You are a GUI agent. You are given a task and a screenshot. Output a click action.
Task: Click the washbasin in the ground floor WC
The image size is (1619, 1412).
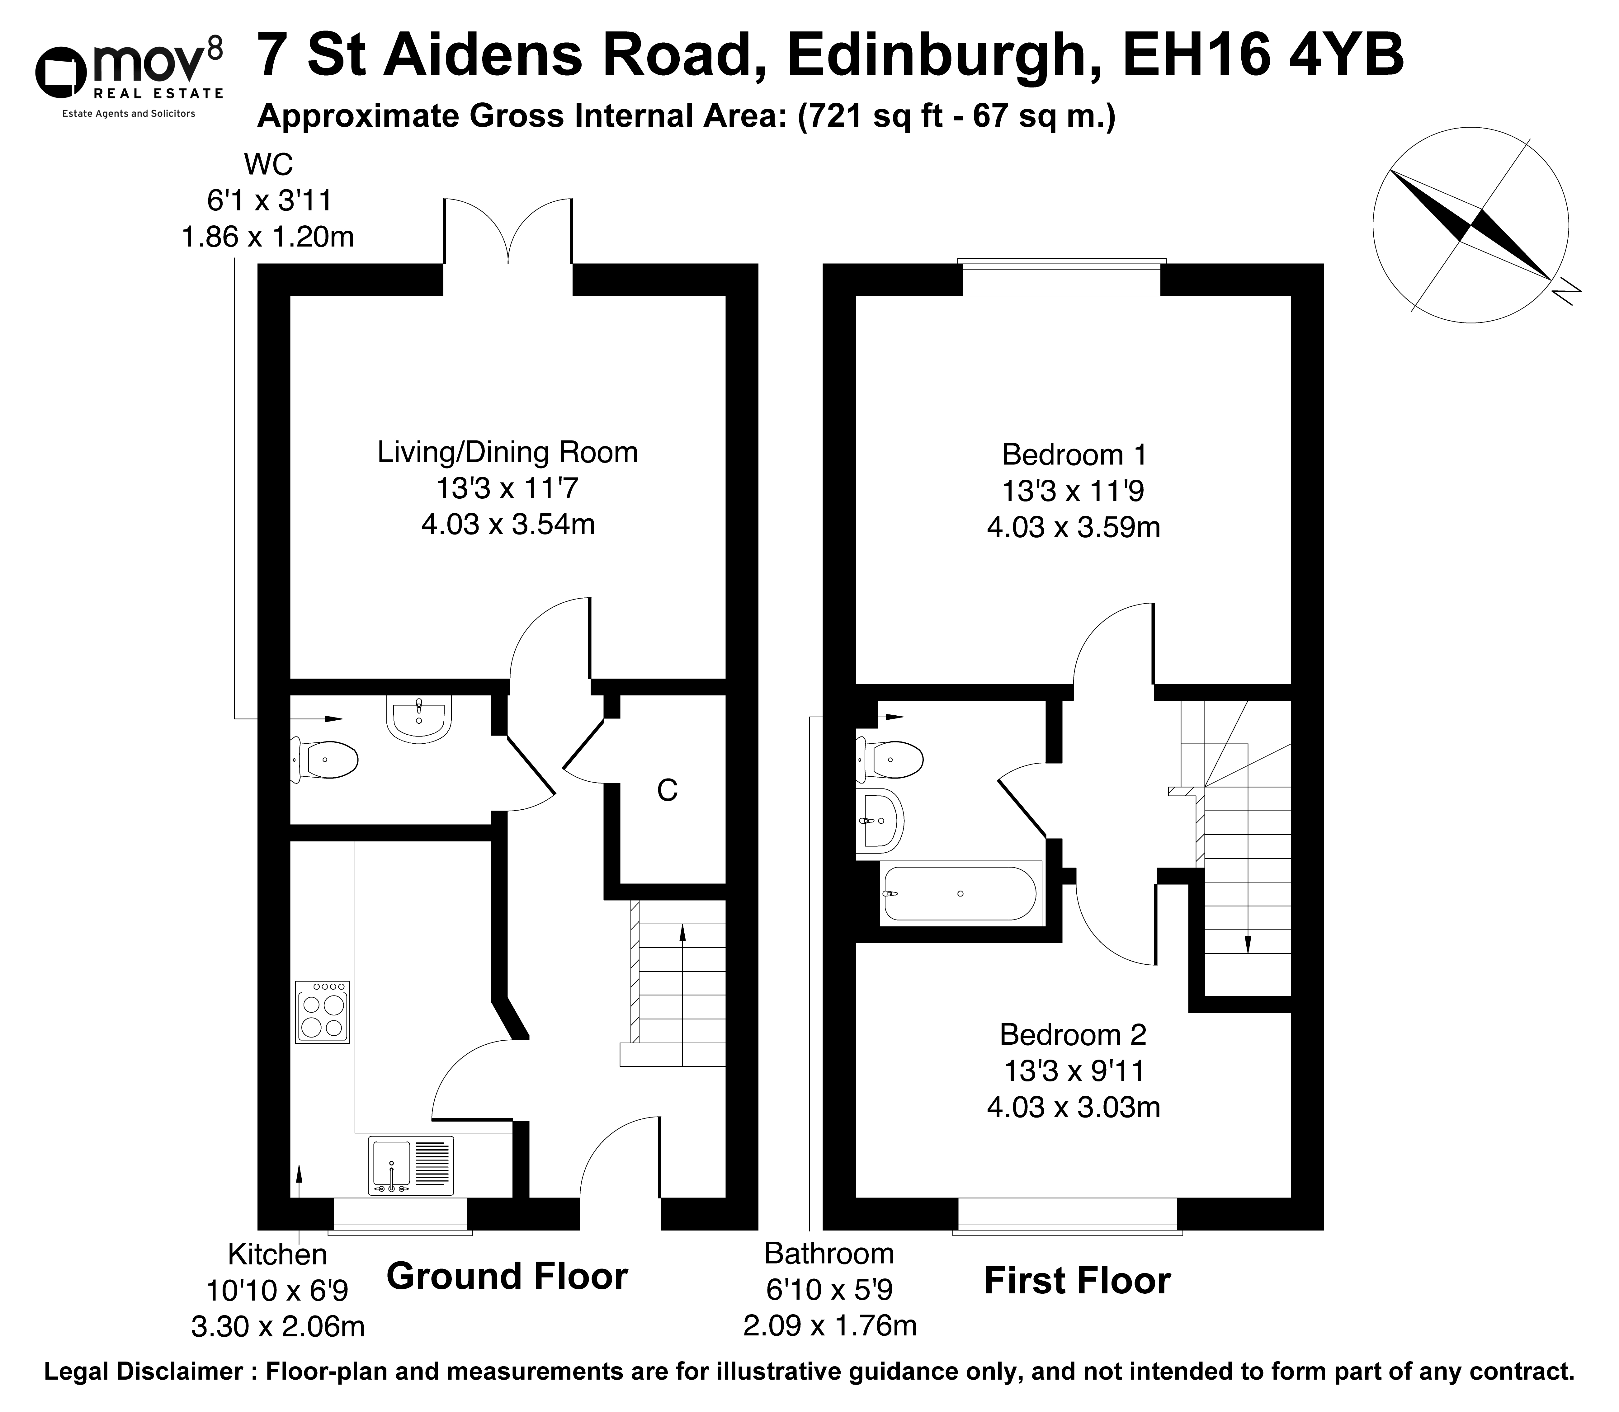[419, 718]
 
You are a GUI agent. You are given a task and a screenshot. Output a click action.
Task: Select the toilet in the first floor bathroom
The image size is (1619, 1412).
[890, 760]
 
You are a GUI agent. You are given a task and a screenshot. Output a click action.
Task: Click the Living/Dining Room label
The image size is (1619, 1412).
[507, 452]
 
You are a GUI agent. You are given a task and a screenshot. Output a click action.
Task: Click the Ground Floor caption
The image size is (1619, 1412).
[507, 1277]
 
